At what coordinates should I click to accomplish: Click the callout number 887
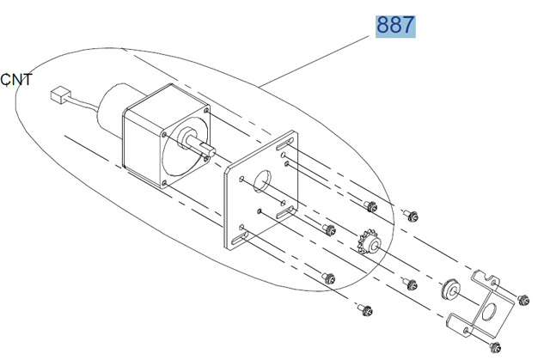(395, 26)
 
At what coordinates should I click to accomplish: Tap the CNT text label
(16, 80)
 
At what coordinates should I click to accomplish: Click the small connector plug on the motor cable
(60, 95)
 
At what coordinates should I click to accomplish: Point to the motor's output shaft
(199, 143)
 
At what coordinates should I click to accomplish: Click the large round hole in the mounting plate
(262, 181)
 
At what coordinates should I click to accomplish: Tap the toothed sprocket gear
(368, 242)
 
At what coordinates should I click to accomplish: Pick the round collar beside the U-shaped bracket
(449, 290)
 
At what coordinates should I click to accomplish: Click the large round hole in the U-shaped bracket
(489, 312)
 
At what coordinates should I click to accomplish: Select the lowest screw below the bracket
(495, 346)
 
